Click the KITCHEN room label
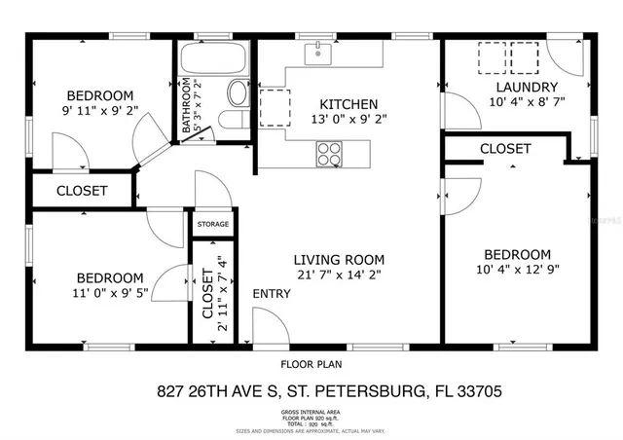[348, 105]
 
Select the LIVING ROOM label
[340, 260]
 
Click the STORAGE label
[213, 225]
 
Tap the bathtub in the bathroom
[208, 60]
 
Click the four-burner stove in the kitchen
[329, 153]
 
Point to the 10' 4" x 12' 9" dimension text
[517, 270]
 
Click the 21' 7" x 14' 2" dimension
[340, 275]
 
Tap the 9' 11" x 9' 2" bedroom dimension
[99, 111]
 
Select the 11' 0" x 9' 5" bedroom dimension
[110, 293]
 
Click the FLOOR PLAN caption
[311, 365]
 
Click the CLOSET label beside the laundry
[505, 149]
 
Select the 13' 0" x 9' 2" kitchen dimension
[348, 121]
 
